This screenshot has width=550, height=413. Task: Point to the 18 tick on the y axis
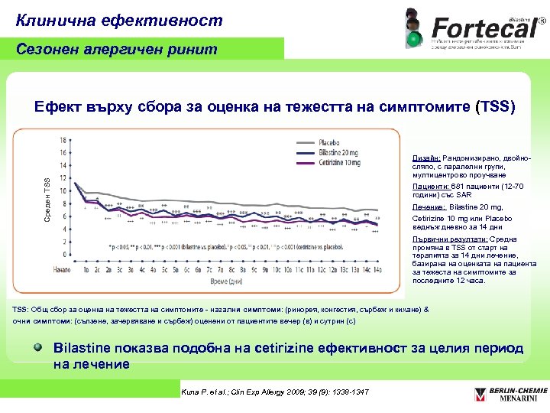64,138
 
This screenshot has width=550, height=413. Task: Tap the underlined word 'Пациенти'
429,186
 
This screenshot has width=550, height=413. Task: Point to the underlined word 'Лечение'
428,207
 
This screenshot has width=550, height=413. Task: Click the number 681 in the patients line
457,186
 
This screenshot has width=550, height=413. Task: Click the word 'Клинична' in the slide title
52,21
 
